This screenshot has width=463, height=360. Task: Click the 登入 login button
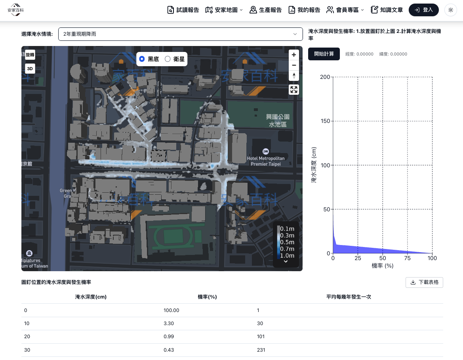[423, 10]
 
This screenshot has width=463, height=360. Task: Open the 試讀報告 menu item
[183, 10]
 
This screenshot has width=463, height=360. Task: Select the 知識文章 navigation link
[387, 10]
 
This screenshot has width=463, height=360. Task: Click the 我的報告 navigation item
[304, 10]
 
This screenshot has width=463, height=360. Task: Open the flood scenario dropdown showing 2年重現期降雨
[180, 34]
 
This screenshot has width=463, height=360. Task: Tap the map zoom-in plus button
[293, 55]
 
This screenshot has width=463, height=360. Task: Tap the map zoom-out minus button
[293, 65]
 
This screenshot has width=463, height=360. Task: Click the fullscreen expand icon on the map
[293, 90]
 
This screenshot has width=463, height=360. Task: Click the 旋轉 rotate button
[30, 55]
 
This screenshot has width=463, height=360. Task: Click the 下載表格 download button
[424, 282]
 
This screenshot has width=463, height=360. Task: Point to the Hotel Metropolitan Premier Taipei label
[265, 161]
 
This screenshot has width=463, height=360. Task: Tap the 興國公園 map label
[278, 117]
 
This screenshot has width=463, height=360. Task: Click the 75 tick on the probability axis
[407, 258]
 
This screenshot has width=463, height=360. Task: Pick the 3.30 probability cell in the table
[169, 324]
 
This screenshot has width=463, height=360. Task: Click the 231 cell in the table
[261, 350]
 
